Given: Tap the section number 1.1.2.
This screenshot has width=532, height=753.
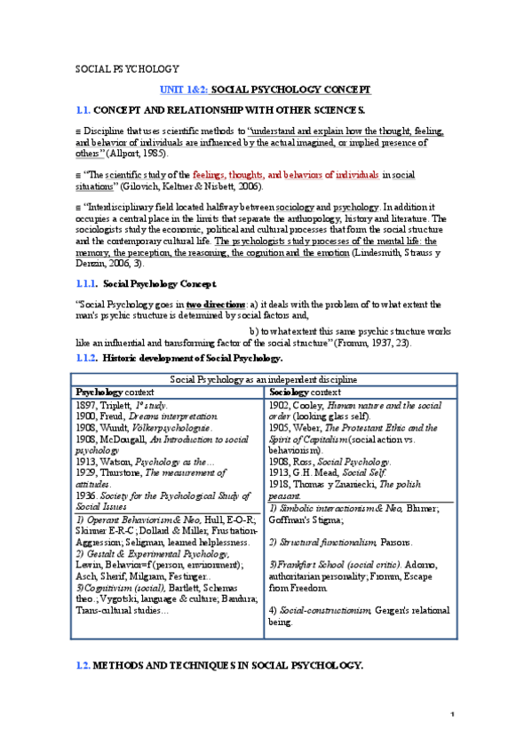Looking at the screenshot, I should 86,358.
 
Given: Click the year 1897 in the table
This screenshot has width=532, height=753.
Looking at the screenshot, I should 86,404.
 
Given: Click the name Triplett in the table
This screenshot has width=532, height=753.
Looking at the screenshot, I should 119,404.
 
